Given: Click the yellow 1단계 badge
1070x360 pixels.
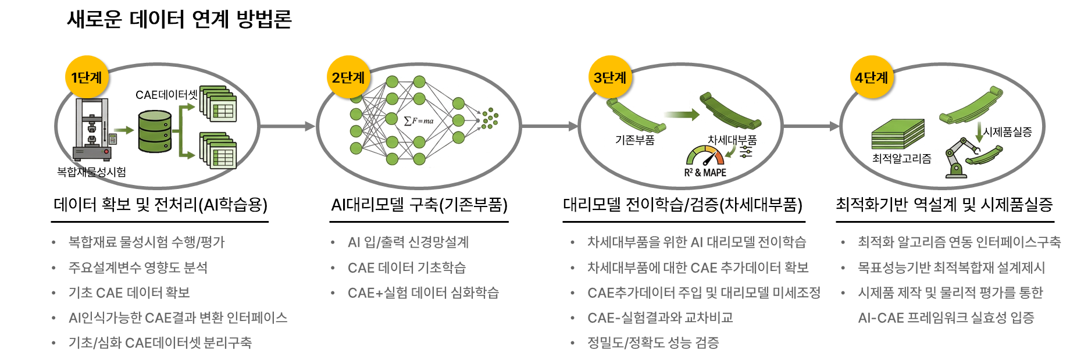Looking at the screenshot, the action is point(87,77).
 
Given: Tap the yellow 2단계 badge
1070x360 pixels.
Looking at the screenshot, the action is point(348,77).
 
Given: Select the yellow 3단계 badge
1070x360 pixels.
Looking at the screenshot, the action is point(609,77).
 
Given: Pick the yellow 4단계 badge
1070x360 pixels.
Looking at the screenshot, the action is point(871,77).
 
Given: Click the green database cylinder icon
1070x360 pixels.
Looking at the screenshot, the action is point(155,131).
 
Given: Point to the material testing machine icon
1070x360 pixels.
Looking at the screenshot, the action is point(92,129).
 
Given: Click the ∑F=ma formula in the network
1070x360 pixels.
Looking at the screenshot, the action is point(419,121).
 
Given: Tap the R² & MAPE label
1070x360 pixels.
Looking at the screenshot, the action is point(705,173).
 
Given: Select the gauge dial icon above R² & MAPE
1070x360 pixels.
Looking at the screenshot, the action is point(705,155).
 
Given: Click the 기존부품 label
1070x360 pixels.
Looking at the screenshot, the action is point(635,140).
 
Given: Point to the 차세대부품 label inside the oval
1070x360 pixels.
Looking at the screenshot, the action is point(732,140).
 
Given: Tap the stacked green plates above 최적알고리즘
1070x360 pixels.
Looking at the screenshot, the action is point(898,134).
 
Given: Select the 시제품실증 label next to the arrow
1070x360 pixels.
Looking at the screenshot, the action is point(1007,132).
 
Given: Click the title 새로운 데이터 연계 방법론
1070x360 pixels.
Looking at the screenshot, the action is point(179,19).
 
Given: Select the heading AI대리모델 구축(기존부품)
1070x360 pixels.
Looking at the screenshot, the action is point(419,205).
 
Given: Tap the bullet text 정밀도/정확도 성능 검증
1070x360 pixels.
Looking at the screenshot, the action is point(653,343).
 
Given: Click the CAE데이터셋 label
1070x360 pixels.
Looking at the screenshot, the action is point(166,95).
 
